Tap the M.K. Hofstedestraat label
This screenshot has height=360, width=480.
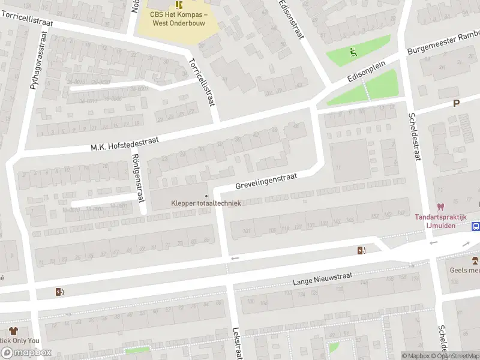coord(124,143)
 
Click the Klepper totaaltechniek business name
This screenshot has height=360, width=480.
coord(206,203)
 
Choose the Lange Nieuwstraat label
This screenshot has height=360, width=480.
coord(322,278)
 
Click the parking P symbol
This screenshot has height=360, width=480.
coord(456,103)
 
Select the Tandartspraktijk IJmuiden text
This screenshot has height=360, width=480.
coord(443,221)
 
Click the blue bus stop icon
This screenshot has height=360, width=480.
coord(476,227)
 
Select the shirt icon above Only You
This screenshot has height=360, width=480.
coord(13,331)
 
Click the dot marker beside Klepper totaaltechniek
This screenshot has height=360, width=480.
coord(206,196)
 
